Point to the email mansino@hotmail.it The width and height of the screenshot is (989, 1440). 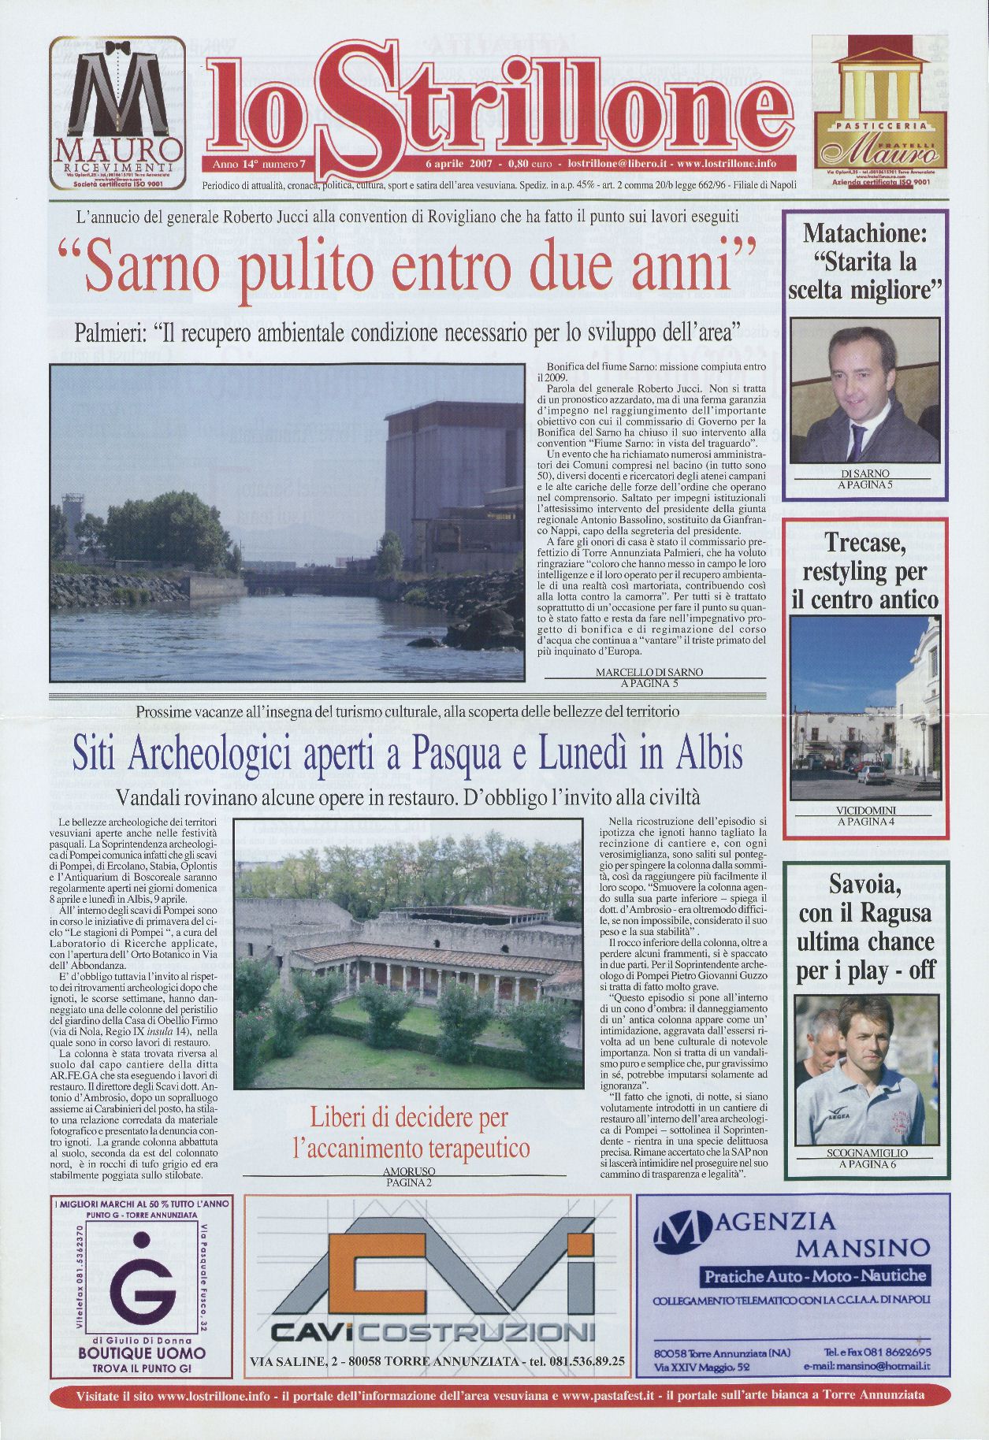point(867,1366)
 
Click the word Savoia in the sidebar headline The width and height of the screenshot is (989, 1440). point(865,885)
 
